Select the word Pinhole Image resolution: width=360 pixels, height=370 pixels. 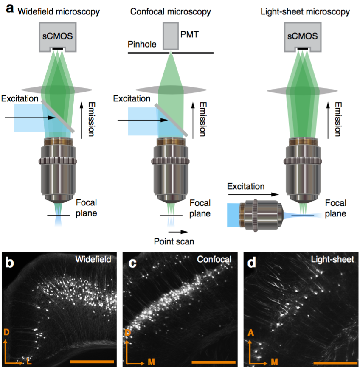pos(142,44)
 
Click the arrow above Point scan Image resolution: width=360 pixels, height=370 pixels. pos(177,232)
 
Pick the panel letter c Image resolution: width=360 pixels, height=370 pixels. pos(132,263)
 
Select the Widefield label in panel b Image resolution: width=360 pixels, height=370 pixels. pos(96,259)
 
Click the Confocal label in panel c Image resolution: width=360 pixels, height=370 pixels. pos(214,259)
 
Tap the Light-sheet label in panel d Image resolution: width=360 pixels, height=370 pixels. pos(332,259)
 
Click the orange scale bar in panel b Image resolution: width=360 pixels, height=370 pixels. pos(92,362)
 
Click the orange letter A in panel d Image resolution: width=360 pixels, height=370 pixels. pos(250,333)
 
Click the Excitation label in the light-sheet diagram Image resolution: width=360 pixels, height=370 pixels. pos(246,186)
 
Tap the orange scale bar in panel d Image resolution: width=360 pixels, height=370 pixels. pos(335,363)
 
